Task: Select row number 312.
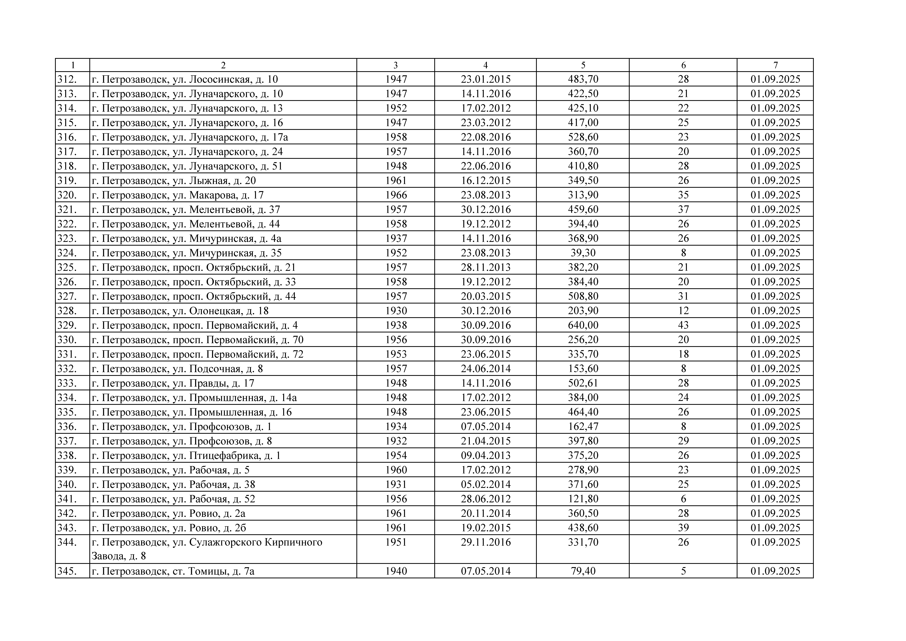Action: [67, 79]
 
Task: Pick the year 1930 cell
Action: [396, 311]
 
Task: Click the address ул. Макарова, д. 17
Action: [178, 195]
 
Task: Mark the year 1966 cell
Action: [396, 195]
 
